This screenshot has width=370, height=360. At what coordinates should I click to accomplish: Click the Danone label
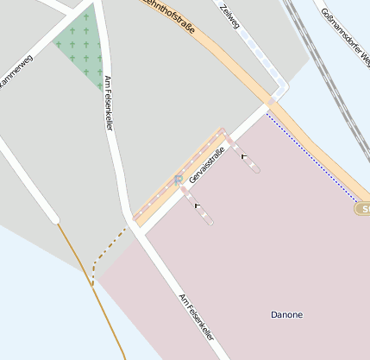[x=286, y=315]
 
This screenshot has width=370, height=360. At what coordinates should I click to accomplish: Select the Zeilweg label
[x=229, y=16]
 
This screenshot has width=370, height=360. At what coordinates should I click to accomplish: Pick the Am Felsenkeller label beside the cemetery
[x=109, y=104]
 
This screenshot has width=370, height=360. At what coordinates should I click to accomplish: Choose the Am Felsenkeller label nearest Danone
[x=197, y=317]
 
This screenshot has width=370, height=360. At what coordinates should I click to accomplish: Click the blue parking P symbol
[x=178, y=180]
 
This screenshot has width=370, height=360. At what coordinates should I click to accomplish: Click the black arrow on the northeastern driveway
[x=243, y=156]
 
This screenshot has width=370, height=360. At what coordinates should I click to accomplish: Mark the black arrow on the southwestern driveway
[x=198, y=205]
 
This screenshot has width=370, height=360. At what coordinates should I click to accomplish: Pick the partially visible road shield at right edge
[x=363, y=209]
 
